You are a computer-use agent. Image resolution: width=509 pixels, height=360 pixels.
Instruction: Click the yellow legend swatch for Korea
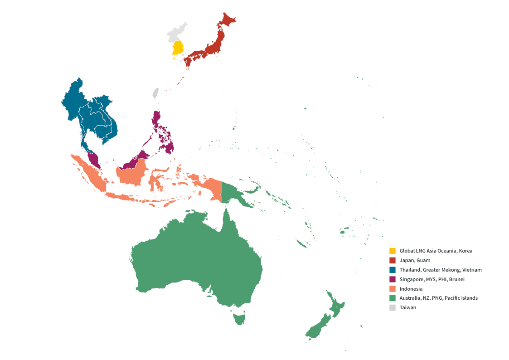point(393,251)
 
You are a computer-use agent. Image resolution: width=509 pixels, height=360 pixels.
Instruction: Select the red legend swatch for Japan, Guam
point(393,260)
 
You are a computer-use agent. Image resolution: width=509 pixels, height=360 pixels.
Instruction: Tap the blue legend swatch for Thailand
point(393,270)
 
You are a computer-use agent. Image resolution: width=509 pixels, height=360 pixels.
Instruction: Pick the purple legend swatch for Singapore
point(393,279)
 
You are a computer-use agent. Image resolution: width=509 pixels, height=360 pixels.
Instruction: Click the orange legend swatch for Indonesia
point(393,289)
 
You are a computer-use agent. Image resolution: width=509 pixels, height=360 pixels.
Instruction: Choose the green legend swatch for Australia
point(393,298)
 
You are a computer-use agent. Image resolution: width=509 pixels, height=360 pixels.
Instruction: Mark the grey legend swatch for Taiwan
point(393,307)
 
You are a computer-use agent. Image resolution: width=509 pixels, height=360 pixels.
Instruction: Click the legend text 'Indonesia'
point(411,289)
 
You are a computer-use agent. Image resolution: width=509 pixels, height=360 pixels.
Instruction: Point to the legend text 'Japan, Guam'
point(415,260)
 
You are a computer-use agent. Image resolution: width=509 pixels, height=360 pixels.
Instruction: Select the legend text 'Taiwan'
point(407,307)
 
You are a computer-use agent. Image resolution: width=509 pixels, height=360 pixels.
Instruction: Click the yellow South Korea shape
point(178,48)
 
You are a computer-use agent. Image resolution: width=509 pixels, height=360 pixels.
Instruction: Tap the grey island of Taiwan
point(155,93)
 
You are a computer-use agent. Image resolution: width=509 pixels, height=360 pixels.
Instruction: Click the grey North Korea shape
point(175,33)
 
